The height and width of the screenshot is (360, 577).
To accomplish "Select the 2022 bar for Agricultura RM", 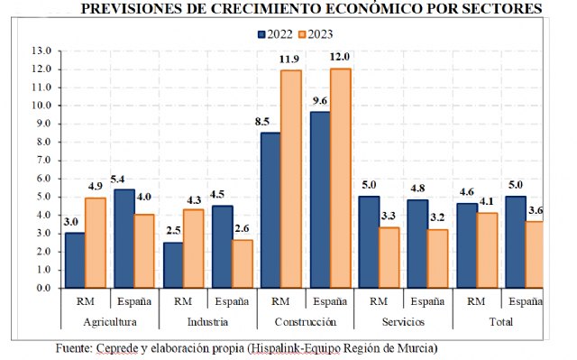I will pyautogui.click(x=76, y=260).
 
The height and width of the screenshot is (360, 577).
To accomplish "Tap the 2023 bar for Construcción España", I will pyautogui.click(x=340, y=179).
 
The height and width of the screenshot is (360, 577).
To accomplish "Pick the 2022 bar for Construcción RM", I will pyautogui.click(x=270, y=210).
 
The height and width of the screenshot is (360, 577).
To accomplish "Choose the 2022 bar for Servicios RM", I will pyautogui.click(x=368, y=242).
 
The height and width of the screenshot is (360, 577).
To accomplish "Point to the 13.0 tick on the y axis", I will pyautogui.click(x=41, y=51).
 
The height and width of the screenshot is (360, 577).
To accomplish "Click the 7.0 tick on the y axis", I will pyautogui.click(x=41, y=160).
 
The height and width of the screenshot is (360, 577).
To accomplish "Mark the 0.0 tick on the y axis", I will pyautogui.click(x=41, y=288).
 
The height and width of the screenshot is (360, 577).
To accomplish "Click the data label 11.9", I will pyautogui.click(x=289, y=60).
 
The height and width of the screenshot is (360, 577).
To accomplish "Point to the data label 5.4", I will pyautogui.click(x=123, y=179).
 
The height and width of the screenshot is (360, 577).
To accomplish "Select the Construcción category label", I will pyautogui.click(x=305, y=321).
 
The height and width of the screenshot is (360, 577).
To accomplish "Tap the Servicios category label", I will pyautogui.click(x=402, y=321).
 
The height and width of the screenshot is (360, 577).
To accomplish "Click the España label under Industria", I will pyautogui.click(x=232, y=302).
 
